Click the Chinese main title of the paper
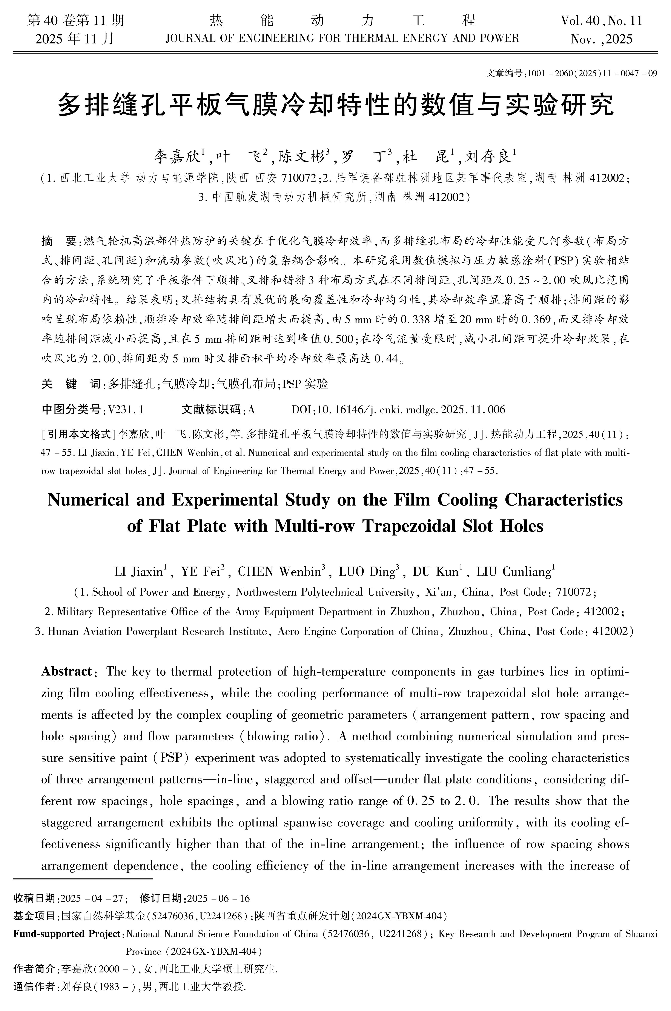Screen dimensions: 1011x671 click(x=335, y=105)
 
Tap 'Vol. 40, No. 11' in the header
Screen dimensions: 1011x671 click(x=601, y=21)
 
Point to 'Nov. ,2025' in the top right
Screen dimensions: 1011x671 click(x=601, y=39)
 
